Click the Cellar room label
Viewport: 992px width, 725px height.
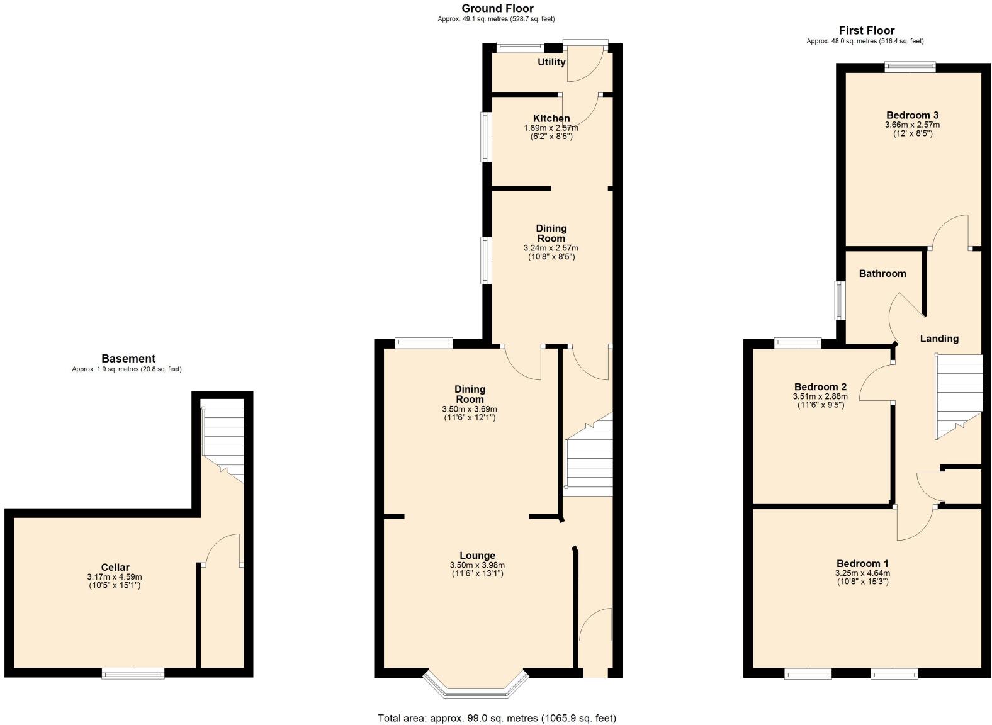click(x=115, y=567)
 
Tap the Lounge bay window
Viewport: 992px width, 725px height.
click(x=475, y=689)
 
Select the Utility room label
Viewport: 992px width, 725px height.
click(x=551, y=62)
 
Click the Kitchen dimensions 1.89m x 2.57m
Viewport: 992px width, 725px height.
click(x=551, y=128)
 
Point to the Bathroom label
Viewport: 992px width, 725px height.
click(x=882, y=273)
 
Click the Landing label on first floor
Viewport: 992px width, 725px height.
click(x=939, y=339)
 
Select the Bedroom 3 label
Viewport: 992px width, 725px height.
click(x=912, y=115)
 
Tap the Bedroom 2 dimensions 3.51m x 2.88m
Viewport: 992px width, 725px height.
click(x=820, y=396)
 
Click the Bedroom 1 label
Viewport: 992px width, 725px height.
click(x=862, y=563)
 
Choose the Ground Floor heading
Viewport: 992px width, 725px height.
click(x=497, y=8)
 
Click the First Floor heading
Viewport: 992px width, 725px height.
click(x=866, y=30)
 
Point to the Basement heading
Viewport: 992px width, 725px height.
click(x=128, y=359)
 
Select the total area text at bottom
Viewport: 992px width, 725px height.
click(x=497, y=718)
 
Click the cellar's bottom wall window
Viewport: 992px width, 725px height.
click(x=133, y=673)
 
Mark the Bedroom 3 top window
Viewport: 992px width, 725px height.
click(x=910, y=65)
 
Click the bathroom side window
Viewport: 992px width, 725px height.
click(x=839, y=300)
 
